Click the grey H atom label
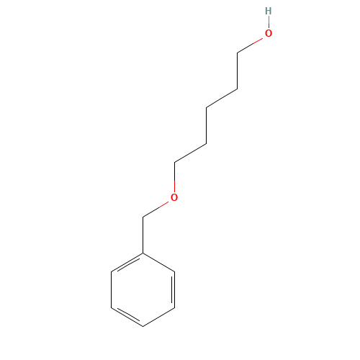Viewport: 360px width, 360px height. pos(269,11)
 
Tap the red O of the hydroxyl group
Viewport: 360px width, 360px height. pos(269,33)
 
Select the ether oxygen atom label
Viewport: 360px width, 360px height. pos(174,197)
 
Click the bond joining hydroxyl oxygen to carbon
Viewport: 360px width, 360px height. pos(251,45)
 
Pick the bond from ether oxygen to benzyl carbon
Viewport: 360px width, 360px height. pos(156,210)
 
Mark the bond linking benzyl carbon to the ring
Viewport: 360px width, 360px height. pos(143,235)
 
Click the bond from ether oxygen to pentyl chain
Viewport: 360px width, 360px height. pos(174,178)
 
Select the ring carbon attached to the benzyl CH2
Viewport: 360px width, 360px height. pos(143,253)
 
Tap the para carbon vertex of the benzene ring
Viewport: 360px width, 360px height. pos(143,326)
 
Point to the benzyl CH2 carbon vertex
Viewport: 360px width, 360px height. pos(143,217)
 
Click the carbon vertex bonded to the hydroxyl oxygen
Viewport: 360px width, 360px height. pos(238,53)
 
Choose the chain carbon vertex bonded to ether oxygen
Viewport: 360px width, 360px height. pos(174,163)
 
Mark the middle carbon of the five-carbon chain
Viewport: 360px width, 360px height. pos(206,107)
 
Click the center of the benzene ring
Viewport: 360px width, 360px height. pos(143,289)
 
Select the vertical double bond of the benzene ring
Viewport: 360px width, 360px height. pos(174,289)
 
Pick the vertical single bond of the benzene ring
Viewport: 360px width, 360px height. pos(112,289)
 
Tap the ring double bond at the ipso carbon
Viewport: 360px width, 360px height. pos(127,263)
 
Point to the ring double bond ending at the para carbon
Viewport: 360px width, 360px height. pos(127,317)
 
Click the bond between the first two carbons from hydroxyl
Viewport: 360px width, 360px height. pos(238,71)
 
